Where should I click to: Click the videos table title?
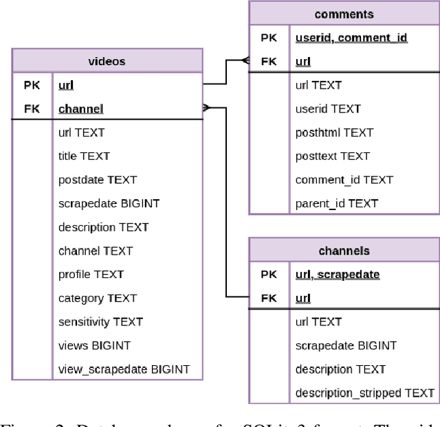click(x=107, y=61)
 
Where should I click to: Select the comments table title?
click(x=344, y=14)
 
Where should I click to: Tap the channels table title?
click(x=344, y=251)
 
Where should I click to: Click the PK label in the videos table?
click(x=32, y=85)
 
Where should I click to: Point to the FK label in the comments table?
click(x=269, y=61)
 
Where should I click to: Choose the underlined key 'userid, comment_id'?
click(x=351, y=38)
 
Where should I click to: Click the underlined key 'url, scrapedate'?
click(x=337, y=274)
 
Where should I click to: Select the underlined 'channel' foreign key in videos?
click(x=80, y=108)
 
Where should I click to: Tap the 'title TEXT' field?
click(x=84, y=156)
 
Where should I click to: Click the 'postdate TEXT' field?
click(x=97, y=180)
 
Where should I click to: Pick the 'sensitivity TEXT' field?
click(x=100, y=321)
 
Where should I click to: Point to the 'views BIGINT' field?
click(x=94, y=345)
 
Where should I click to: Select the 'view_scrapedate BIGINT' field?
click(x=124, y=369)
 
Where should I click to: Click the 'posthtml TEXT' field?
click(x=333, y=132)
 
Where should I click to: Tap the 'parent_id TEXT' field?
click(x=336, y=203)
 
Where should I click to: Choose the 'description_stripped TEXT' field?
click(x=364, y=393)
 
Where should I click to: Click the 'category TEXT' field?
click(x=97, y=298)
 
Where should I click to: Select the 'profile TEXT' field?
click(x=91, y=274)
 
